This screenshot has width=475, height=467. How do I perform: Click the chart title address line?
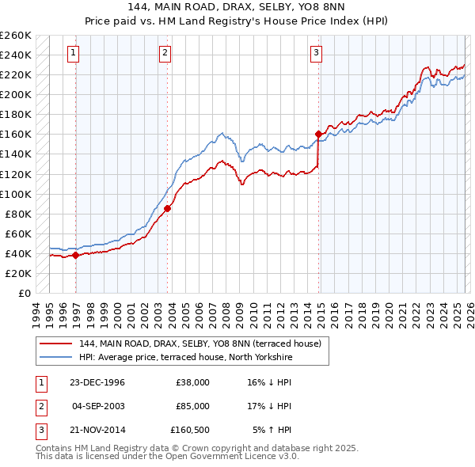point(237,7)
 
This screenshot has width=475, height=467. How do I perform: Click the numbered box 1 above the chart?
point(73,53)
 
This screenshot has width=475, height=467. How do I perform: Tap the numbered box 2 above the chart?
point(165,53)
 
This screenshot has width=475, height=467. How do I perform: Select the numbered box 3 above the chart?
point(316,53)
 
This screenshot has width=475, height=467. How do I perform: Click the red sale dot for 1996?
point(76,255)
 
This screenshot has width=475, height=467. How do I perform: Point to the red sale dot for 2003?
point(167,208)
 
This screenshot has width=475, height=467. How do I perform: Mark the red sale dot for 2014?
point(318,134)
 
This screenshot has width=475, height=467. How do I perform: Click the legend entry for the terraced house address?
point(199,344)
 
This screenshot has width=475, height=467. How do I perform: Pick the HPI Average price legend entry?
point(186,358)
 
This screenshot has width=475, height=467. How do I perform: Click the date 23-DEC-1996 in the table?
point(97,382)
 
